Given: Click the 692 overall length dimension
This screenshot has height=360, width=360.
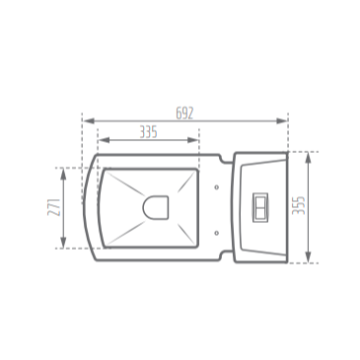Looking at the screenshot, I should (x=184, y=112).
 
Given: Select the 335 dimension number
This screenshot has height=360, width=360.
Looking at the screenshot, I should (x=148, y=132).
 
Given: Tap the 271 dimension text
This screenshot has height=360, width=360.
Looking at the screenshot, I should (x=54, y=207).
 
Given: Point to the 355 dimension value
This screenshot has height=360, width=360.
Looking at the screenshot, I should (x=300, y=206).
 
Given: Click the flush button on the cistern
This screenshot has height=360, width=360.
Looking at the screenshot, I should (x=260, y=207).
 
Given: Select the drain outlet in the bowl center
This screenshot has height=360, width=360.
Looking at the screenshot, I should (x=156, y=207).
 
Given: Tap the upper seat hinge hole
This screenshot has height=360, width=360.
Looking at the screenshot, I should (x=216, y=184).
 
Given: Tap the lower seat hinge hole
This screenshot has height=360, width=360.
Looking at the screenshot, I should (x=216, y=232).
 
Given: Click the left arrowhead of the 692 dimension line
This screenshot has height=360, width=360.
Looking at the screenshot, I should (x=87, y=120).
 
